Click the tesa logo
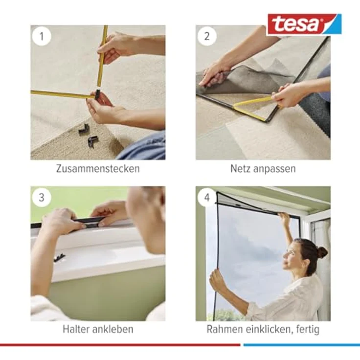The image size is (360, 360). click(x=303, y=24)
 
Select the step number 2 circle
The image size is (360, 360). click(x=207, y=36)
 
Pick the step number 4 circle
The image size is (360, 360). click(x=207, y=198)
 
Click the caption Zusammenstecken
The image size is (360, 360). click(x=98, y=169)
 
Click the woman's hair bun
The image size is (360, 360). click(x=322, y=252)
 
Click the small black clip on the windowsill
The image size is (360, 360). click(x=60, y=257)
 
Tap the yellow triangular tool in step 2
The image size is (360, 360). click(x=252, y=107)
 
